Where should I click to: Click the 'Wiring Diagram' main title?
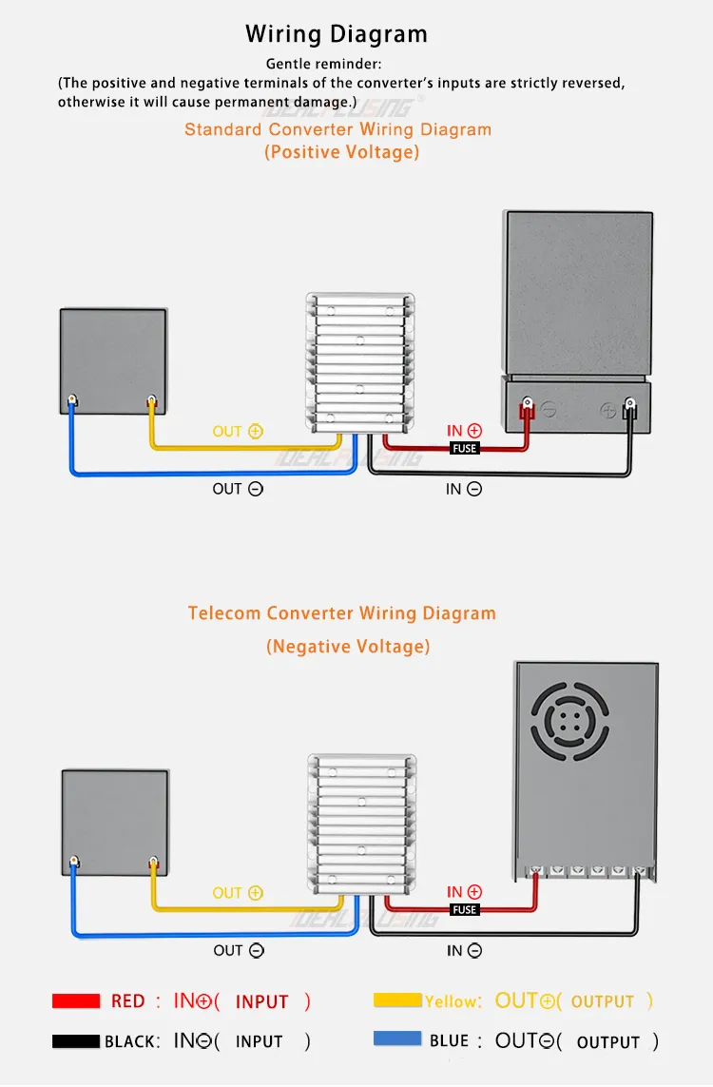tap(337, 35)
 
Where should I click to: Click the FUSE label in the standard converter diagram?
tap(465, 448)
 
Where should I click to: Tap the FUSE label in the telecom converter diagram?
tap(465, 909)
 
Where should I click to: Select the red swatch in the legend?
tap(76, 1000)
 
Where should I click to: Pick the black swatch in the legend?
tap(76, 1041)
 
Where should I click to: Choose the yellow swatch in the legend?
tap(397, 1000)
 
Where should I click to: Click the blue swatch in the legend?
tap(397, 1038)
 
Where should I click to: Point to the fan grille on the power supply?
tap(569, 720)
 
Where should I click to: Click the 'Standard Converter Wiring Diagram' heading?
tap(337, 129)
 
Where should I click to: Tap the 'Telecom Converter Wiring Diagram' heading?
tap(341, 613)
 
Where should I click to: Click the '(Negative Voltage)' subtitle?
tap(348, 647)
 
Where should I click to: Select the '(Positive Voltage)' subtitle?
tap(341, 152)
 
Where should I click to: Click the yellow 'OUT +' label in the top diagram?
tap(238, 432)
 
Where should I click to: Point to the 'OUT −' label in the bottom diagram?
tap(239, 950)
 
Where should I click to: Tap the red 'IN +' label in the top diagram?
tap(464, 432)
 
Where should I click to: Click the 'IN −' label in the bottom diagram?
tap(464, 950)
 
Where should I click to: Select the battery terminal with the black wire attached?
tap(628, 410)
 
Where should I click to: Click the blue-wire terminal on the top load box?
tap(72, 401)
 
